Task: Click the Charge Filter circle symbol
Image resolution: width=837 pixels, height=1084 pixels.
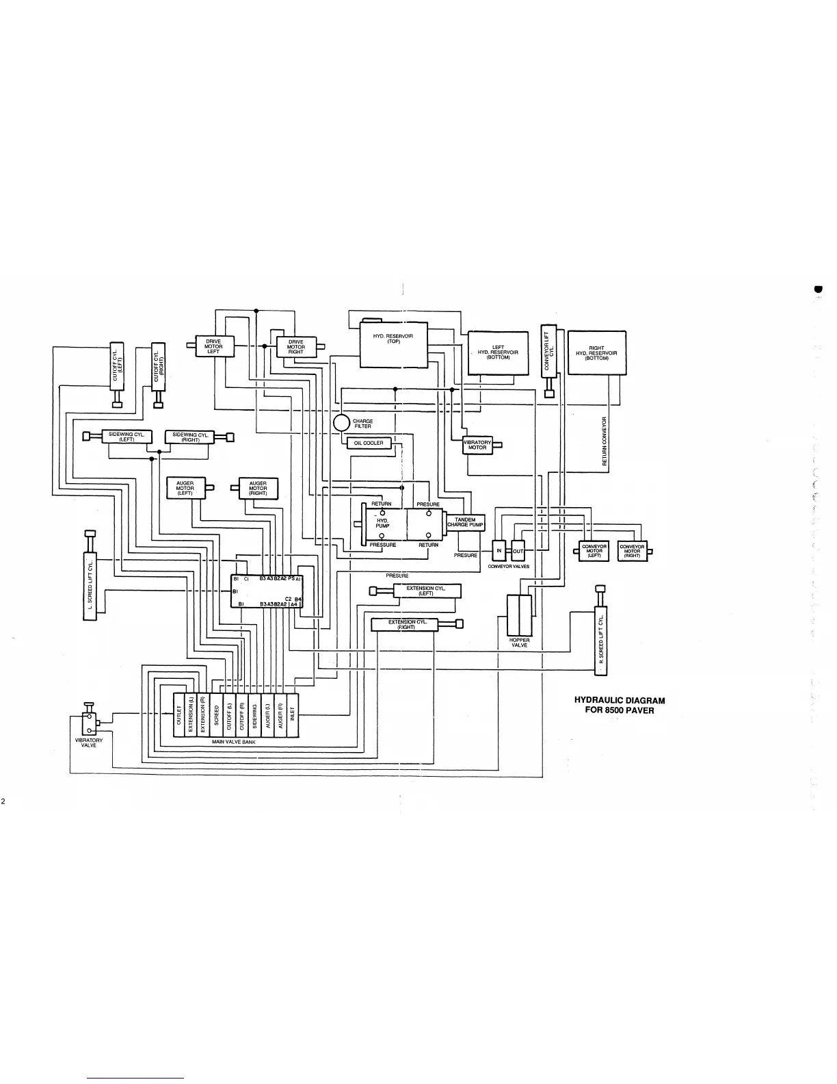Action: (341, 423)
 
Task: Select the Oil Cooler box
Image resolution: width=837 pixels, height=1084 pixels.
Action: (369, 443)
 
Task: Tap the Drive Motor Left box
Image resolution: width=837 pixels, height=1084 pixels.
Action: (214, 346)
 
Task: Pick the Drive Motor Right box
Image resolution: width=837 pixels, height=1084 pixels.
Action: (295, 346)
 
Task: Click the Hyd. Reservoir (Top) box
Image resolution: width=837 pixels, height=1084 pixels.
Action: (393, 344)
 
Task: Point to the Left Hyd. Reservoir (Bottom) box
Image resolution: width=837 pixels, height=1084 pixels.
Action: (498, 353)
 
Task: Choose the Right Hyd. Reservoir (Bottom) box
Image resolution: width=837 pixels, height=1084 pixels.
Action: (597, 353)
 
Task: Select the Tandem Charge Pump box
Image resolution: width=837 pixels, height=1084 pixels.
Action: (465, 523)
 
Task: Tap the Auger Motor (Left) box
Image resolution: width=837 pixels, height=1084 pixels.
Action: (185, 488)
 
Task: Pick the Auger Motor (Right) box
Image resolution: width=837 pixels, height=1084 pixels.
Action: (258, 488)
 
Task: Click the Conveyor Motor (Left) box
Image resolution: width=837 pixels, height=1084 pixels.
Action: (594, 552)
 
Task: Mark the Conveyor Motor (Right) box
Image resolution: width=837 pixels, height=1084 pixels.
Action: (632, 552)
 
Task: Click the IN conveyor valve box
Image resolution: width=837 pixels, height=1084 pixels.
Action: (499, 551)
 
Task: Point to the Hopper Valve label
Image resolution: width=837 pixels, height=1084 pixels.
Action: (519, 643)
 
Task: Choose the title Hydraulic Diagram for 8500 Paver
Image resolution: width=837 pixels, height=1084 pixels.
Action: (619, 705)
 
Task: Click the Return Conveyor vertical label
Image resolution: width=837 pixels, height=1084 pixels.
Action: (604, 441)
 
